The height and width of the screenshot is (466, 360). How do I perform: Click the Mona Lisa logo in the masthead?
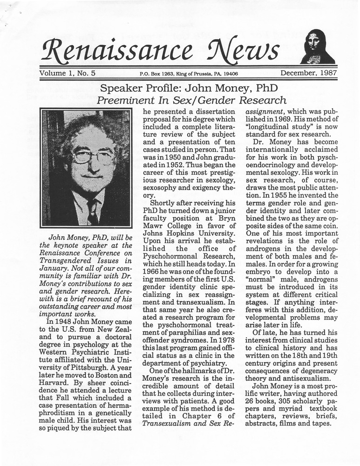click(x=317, y=47)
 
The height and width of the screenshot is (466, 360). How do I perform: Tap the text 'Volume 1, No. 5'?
click(x=67, y=73)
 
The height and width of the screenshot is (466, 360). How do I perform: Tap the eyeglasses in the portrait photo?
click(x=93, y=156)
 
